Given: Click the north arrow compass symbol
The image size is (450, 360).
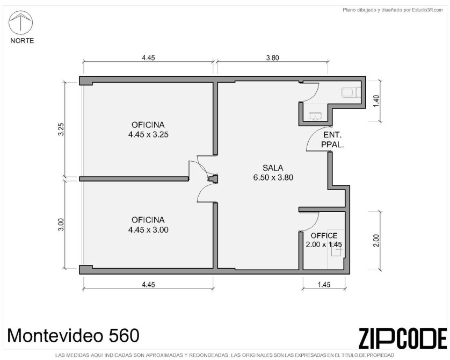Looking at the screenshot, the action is point(20,23).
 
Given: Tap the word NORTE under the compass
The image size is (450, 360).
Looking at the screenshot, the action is point(22,41).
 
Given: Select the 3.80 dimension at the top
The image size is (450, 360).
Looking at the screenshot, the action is point(272,57).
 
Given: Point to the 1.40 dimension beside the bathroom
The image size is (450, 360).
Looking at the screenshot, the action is point(376,101).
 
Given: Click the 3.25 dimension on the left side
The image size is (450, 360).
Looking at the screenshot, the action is point(61,129).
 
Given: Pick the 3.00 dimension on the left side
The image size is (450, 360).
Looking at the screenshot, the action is point(61,224).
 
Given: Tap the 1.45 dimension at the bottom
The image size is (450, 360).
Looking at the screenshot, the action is point(324,284).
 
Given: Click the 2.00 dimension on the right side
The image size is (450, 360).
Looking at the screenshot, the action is point(376,241).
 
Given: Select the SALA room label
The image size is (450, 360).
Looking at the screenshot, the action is point(273,168).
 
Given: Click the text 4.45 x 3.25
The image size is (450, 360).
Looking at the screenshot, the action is point(148,134).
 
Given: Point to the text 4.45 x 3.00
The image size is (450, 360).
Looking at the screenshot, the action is point(148,229).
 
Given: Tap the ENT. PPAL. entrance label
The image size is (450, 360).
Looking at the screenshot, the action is point(332,140).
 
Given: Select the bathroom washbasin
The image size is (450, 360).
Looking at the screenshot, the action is point(315,117).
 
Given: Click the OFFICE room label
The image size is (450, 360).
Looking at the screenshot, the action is point(324,236).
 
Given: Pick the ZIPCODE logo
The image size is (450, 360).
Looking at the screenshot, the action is point(403,338).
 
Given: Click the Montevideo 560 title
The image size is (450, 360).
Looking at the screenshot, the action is point(73,335).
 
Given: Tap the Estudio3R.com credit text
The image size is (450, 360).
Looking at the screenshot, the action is point(393,10).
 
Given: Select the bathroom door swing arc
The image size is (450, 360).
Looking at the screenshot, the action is point(314,95).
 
